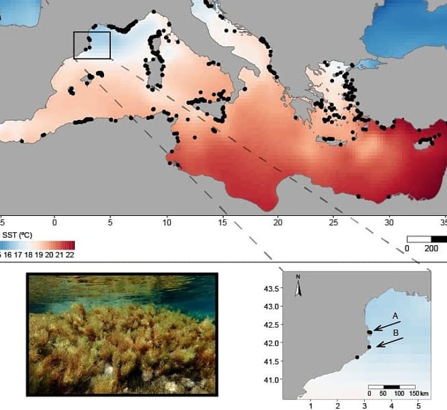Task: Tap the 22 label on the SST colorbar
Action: pos(70,254)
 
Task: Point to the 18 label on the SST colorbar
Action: pos(31,254)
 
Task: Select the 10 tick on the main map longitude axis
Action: pos(166,222)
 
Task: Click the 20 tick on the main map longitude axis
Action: pos(279,222)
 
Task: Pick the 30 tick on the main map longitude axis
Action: pos(390,222)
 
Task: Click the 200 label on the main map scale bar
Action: pos(431,248)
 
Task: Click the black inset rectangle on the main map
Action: pos(92,45)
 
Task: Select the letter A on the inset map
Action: pos(395,316)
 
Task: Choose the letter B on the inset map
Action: pos(395,333)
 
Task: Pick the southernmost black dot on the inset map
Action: pos(357,358)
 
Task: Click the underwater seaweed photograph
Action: pos(122,334)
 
